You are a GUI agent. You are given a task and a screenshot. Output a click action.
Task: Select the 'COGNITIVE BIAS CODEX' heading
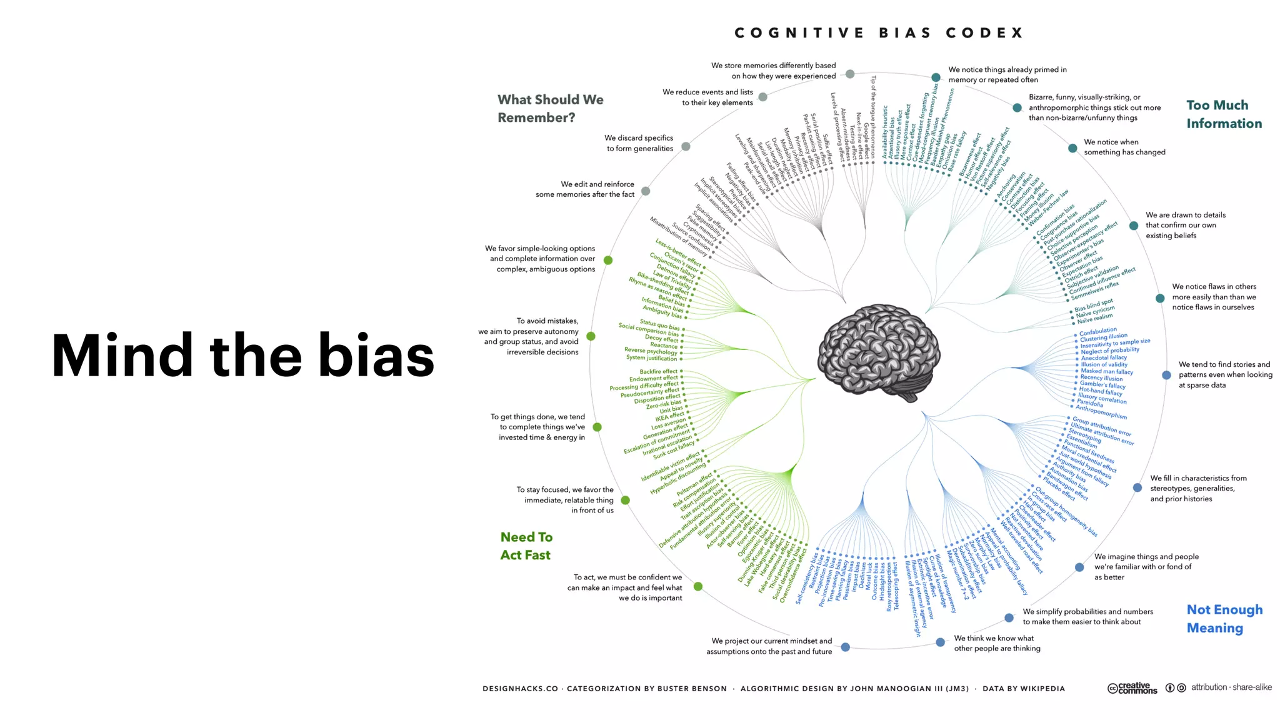(x=879, y=33)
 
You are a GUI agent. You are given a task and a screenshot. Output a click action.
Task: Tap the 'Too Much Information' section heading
(x=1224, y=114)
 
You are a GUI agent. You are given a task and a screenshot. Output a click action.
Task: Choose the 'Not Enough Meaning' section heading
(x=1224, y=619)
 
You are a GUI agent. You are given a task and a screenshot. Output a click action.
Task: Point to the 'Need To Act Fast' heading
(x=526, y=546)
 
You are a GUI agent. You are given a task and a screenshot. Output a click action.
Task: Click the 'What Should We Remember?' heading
(x=550, y=108)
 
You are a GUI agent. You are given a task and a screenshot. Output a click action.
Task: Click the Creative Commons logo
(x=1132, y=688)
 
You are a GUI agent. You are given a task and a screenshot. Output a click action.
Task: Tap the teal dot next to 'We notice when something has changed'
(x=1072, y=148)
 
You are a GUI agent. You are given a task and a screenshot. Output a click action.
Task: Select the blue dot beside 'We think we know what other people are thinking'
(x=940, y=642)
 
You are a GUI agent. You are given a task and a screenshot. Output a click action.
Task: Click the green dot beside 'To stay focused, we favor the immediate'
(x=625, y=500)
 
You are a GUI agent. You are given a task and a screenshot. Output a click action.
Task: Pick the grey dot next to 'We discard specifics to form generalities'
(x=686, y=146)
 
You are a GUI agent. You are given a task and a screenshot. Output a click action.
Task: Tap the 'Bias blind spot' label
(x=1093, y=306)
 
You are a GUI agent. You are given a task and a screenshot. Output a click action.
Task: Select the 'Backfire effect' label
(x=658, y=371)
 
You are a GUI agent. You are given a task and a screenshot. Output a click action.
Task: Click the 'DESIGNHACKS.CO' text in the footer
(x=520, y=689)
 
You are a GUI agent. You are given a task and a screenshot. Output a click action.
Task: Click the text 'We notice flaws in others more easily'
(x=1213, y=297)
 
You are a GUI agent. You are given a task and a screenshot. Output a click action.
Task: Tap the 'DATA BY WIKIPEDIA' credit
(x=1023, y=689)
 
